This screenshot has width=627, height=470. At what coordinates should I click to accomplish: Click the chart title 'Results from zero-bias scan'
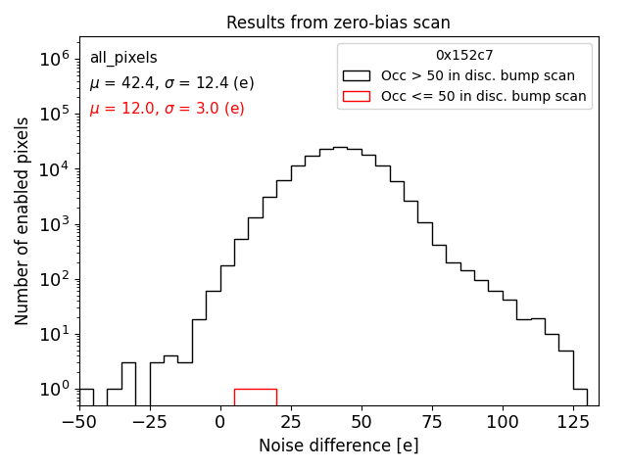point(338,23)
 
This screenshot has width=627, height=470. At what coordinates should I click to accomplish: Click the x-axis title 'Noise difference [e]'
point(338,446)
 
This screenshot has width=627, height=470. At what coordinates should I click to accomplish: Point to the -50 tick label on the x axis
point(79,422)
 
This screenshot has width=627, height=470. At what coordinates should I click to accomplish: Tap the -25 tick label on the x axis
point(150,422)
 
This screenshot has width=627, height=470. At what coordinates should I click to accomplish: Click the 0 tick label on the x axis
point(220,422)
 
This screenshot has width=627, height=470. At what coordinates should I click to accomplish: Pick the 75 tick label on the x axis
point(432,422)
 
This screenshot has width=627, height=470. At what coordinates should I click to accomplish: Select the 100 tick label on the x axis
point(503,422)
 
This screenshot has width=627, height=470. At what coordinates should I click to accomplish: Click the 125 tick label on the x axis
point(573,422)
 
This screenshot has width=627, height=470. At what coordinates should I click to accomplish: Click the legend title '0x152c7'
point(464,56)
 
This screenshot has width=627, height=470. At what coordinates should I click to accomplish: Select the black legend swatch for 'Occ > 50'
point(357,75)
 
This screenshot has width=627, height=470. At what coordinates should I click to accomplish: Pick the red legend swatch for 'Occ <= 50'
point(357,96)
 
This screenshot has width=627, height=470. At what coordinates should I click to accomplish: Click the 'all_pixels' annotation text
point(123,59)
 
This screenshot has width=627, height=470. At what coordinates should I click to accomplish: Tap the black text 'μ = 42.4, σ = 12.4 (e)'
point(171,83)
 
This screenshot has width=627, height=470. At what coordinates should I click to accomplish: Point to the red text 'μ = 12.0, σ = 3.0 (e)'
point(167,109)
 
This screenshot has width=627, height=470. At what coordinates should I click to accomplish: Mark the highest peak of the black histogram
point(340,148)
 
